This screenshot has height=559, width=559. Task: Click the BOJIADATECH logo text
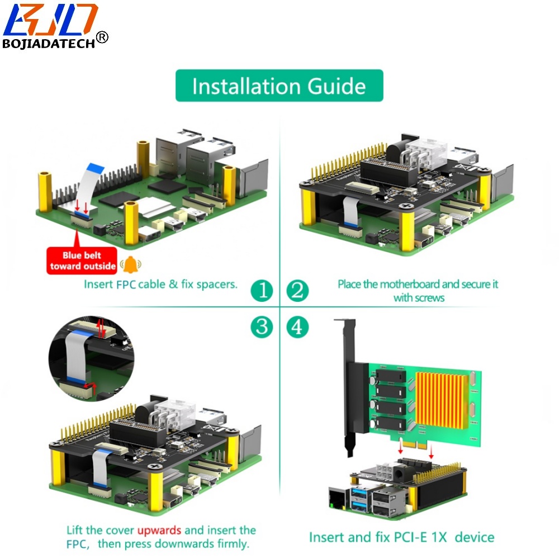click(x=49, y=44)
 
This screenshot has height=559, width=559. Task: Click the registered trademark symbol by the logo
click(x=102, y=37)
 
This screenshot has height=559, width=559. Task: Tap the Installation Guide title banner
click(x=279, y=86)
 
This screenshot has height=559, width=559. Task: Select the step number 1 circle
click(x=262, y=290)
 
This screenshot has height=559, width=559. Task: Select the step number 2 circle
click(x=297, y=290)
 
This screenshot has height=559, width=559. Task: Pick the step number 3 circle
click(x=262, y=326)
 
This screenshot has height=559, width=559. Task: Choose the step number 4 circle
click(x=297, y=326)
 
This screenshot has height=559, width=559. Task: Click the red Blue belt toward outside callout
click(x=82, y=260)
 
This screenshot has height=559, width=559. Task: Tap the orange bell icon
click(x=131, y=264)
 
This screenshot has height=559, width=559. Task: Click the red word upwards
click(x=159, y=530)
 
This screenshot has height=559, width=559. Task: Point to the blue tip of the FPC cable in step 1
click(x=95, y=168)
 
